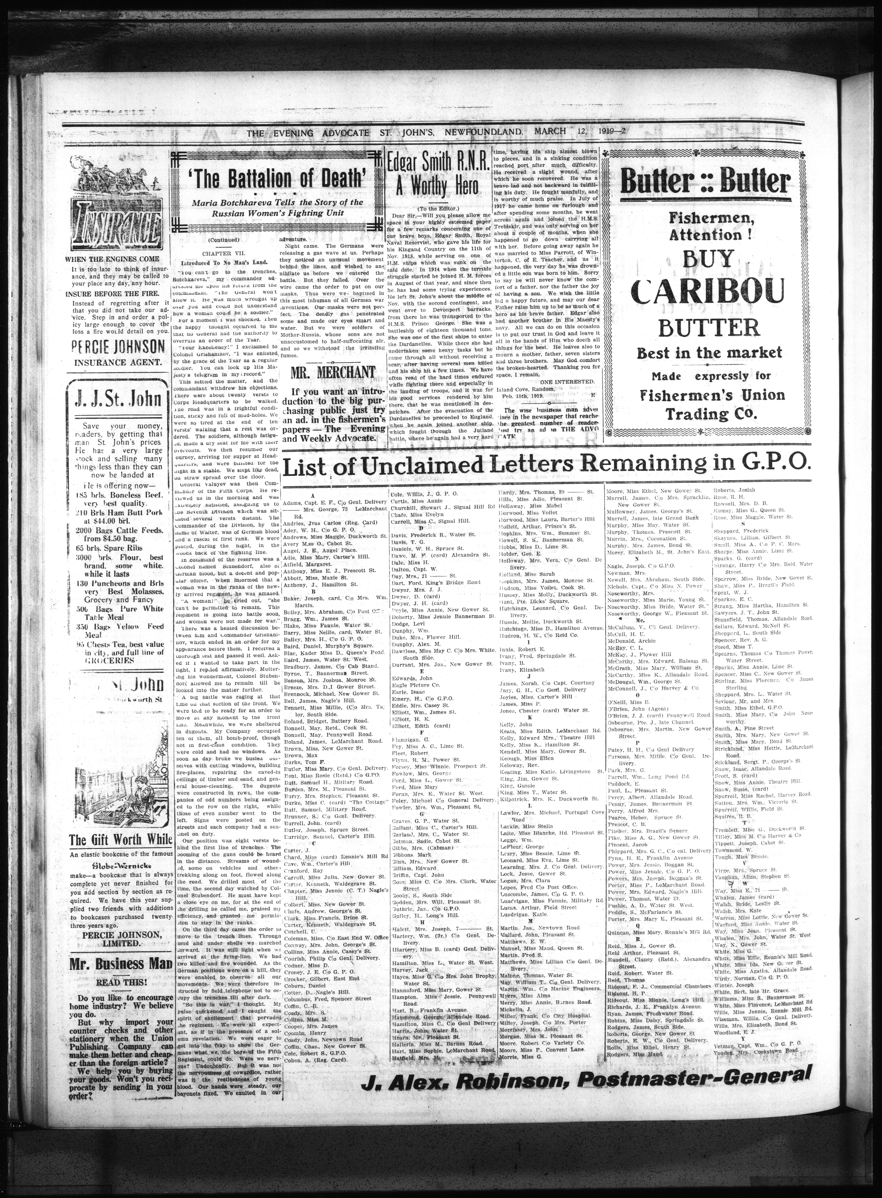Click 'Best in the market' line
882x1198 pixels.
708,353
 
